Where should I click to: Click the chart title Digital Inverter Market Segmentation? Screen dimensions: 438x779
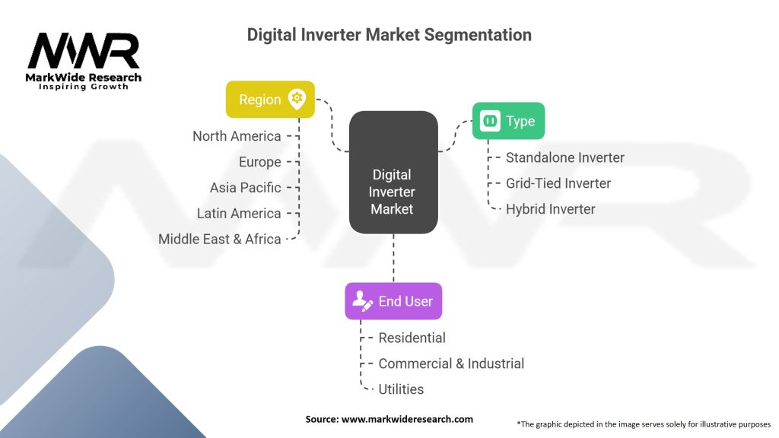point(389,35)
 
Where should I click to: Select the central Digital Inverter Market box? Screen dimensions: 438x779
point(393,172)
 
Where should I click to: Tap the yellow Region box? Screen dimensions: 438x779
point(270,100)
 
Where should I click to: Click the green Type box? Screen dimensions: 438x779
point(508,121)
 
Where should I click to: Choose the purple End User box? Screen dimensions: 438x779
point(393,301)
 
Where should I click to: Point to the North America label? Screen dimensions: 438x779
point(237,136)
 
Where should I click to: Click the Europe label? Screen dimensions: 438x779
point(259,162)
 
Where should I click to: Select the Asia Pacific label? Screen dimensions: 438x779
point(245,188)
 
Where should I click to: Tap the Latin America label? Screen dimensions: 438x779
point(238,214)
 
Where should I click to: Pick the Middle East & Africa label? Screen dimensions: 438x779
point(219,239)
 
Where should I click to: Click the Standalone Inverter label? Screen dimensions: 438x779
point(564,157)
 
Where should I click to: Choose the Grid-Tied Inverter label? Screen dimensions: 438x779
point(558,183)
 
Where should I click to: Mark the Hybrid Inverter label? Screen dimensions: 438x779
point(550,209)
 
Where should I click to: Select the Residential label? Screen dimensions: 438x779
point(412,338)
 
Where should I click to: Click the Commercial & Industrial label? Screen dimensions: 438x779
point(450,363)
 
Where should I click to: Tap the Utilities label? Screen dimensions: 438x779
point(401,389)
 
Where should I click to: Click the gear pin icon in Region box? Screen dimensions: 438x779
point(297,99)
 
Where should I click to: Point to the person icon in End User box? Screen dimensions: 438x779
point(363,301)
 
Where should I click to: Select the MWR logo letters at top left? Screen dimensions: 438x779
point(84,52)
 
